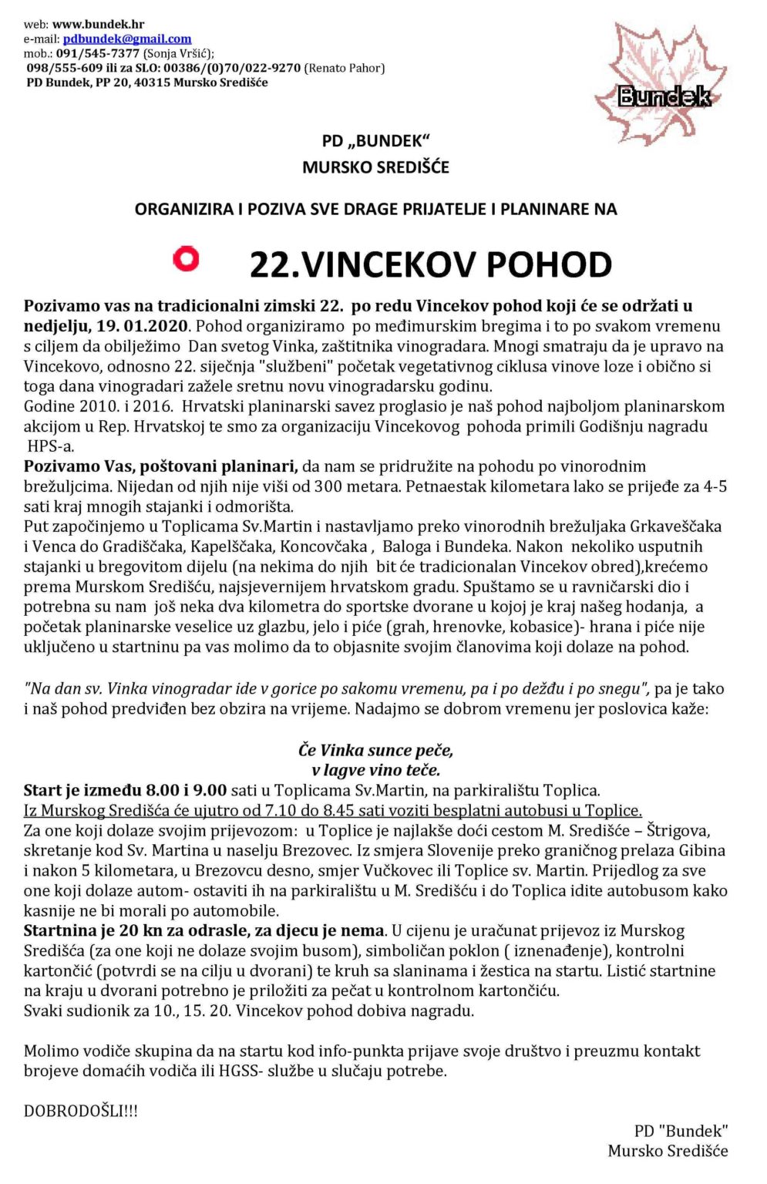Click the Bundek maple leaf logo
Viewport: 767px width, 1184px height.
(661, 85)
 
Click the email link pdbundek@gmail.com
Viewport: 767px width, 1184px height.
(127, 39)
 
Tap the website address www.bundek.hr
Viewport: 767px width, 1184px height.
(98, 25)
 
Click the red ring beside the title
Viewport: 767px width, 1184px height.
(186, 258)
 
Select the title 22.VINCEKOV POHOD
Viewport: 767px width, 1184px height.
(430, 264)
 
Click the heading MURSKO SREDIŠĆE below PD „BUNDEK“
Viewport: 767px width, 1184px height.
(375, 167)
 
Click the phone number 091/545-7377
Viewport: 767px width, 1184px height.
(98, 53)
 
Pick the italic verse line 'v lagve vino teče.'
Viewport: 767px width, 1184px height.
(376, 770)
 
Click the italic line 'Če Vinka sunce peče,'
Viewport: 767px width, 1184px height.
(376, 750)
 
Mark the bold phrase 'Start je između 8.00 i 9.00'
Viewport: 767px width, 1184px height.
(125, 790)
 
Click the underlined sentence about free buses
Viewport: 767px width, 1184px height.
(332, 810)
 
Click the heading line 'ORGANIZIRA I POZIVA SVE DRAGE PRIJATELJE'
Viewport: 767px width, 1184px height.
(375, 209)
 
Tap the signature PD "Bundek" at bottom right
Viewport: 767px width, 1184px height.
(681, 1131)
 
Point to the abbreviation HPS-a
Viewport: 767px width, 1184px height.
(51, 446)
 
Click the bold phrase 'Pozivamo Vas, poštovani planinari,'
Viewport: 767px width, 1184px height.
(160, 466)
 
